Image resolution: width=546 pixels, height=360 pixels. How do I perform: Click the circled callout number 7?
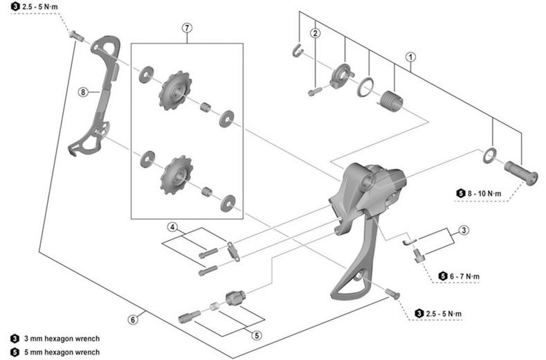(x=187, y=28)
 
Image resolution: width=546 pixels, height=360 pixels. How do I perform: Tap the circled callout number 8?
(x=83, y=92)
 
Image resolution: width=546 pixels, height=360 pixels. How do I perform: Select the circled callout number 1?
(x=411, y=57)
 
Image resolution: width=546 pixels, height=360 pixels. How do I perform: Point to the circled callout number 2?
(x=316, y=33)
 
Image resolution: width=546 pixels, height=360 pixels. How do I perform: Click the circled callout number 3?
(x=464, y=230)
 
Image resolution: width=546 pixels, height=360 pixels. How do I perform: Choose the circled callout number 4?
(x=172, y=228)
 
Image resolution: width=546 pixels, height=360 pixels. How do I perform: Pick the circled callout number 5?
(x=257, y=335)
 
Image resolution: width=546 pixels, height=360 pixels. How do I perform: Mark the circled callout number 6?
(x=133, y=319)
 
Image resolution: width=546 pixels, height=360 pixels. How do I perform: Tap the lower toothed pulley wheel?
(x=176, y=174)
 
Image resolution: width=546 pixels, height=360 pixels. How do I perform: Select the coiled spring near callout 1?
(x=391, y=100)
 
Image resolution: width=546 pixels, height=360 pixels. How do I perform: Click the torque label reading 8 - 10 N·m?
(x=484, y=193)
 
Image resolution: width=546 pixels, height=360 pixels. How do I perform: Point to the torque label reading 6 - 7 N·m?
(x=464, y=276)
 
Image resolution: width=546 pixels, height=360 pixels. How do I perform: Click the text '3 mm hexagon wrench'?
(x=62, y=339)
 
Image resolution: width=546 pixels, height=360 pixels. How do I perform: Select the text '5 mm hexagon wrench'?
(x=62, y=352)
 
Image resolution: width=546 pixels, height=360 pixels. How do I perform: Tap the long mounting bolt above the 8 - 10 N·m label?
(x=521, y=172)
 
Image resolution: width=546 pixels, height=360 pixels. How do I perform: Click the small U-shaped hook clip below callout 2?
(x=297, y=51)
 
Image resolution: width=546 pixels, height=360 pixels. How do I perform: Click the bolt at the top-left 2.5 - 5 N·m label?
(x=76, y=35)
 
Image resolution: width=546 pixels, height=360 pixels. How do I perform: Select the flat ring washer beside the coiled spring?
(x=365, y=87)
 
